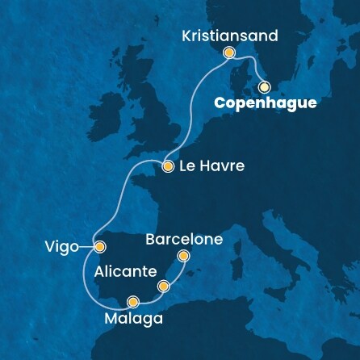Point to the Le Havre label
[208, 168]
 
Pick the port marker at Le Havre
[168, 167]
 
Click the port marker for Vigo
[99, 247]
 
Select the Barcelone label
[185, 240]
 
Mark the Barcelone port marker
[183, 257]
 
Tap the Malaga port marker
[132, 303]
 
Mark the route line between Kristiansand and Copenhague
[251, 65]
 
